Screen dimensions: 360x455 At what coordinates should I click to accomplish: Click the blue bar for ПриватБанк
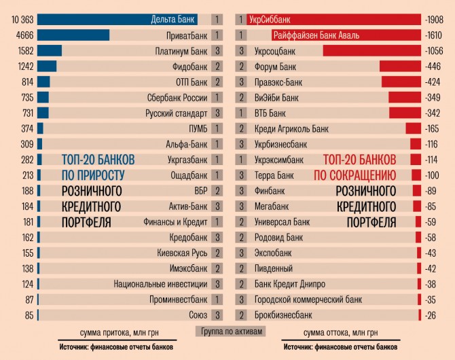click(x=73, y=35)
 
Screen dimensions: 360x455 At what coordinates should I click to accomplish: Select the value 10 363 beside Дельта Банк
click(x=18, y=19)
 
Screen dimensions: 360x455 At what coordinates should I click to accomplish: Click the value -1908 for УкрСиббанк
click(x=433, y=19)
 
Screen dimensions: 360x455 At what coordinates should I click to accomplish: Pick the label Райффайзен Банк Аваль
click(x=316, y=35)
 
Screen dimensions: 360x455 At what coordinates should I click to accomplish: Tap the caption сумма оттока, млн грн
click(x=340, y=333)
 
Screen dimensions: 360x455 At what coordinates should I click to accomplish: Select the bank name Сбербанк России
click(x=176, y=98)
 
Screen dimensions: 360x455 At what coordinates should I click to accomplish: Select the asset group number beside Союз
click(x=217, y=315)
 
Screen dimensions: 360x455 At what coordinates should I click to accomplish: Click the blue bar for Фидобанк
click(x=47, y=67)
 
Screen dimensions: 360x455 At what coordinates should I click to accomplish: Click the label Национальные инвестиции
click(x=160, y=284)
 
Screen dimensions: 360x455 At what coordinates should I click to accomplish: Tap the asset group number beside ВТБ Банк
click(x=241, y=113)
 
